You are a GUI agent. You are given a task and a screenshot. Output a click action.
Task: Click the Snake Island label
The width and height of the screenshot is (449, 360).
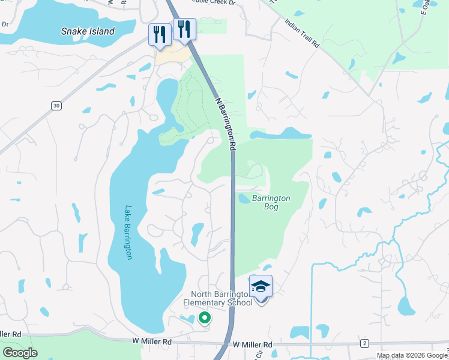[x=88, y=31]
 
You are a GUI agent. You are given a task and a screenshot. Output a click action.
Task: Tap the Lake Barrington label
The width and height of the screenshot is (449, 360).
[x=128, y=233]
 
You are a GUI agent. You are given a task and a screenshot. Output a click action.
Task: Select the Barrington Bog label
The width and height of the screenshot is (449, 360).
[x=271, y=202]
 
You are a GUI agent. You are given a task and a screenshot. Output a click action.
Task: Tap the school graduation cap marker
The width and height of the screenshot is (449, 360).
[x=261, y=287]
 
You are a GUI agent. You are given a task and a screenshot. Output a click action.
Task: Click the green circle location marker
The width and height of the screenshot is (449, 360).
[x=204, y=318]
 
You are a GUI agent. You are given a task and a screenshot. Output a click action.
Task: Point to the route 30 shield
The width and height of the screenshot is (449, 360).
[x=56, y=106]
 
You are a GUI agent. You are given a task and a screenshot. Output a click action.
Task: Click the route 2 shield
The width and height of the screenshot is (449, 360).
[x=364, y=343]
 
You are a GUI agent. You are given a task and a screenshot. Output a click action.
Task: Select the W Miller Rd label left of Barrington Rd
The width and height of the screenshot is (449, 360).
[x=152, y=341]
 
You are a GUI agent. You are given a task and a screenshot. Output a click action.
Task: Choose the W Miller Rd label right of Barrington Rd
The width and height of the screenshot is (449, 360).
[x=252, y=344]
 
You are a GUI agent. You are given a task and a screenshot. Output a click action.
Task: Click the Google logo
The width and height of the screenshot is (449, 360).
[x=20, y=353]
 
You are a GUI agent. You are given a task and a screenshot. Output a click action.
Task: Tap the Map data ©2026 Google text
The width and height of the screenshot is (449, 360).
[x=412, y=355]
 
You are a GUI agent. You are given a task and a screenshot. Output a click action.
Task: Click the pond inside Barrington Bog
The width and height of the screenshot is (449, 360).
[x=244, y=198]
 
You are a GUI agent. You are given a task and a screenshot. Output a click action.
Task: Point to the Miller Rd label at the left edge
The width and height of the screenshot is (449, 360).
[x=11, y=334]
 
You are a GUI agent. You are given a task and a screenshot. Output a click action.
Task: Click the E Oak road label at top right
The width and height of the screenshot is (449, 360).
[x=427, y=7]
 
